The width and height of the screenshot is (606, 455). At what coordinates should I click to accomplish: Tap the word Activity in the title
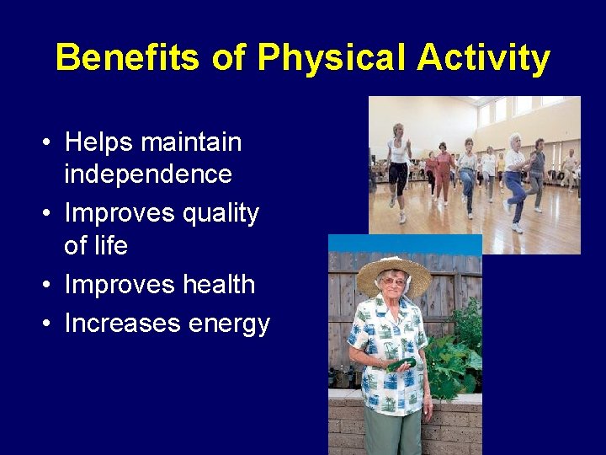tap(483, 59)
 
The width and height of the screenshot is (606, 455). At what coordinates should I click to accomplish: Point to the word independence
tap(148, 174)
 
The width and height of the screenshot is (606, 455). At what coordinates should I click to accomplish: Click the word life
tap(109, 245)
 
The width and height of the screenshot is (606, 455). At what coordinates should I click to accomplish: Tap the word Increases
tap(121, 324)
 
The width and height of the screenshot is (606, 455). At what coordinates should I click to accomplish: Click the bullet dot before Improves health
tap(50, 286)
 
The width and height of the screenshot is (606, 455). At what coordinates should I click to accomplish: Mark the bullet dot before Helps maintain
tap(50, 143)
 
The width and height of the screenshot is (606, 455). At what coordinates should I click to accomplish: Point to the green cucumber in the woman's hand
tap(401, 365)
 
